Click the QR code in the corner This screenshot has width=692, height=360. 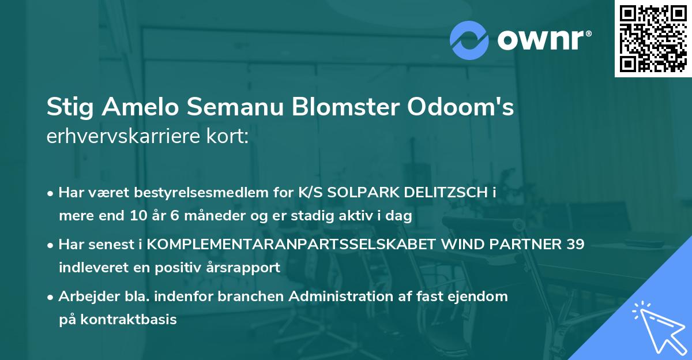tap(653, 39)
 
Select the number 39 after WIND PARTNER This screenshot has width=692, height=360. tap(574, 245)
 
